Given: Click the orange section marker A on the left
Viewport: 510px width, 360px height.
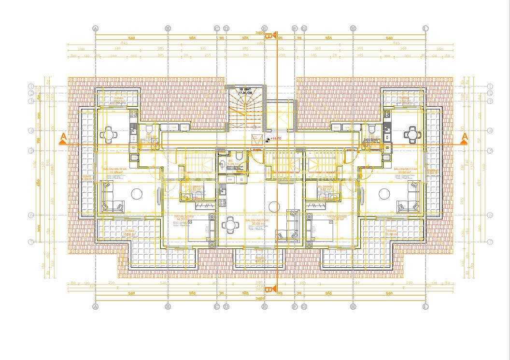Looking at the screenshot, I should (x=63, y=139).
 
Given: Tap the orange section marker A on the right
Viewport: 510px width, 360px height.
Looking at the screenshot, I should (x=465, y=138).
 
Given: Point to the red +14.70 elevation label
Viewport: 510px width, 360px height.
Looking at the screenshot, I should (x=276, y=139).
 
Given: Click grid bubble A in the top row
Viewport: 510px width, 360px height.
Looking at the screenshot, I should (x=96, y=28).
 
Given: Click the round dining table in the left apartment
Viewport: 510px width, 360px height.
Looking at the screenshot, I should (x=109, y=134).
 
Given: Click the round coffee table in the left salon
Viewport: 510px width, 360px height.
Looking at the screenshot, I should (x=137, y=194).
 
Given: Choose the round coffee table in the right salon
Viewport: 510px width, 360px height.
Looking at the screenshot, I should (x=384, y=194).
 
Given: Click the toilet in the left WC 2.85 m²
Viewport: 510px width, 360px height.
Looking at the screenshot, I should (x=150, y=130).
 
